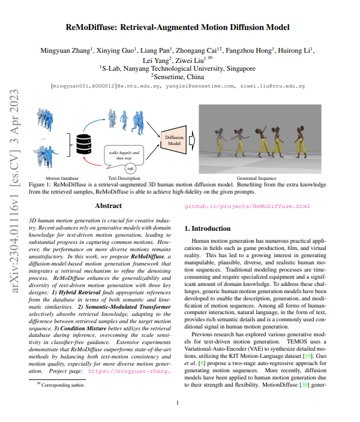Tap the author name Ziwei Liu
(190, 61)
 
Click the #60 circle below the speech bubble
(131, 169)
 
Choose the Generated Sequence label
(257, 179)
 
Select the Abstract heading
(108, 206)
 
